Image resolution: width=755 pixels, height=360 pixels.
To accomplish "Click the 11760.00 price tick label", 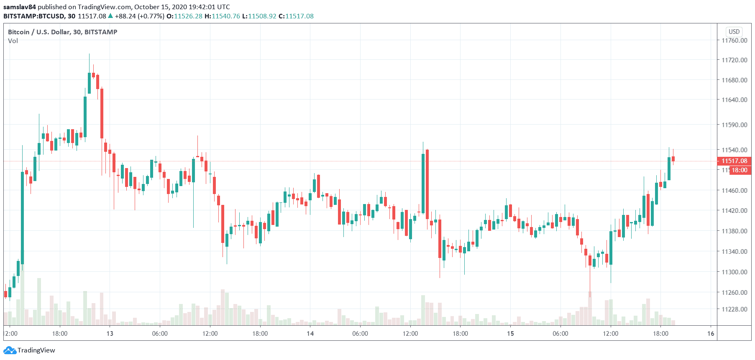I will click(x=734, y=40).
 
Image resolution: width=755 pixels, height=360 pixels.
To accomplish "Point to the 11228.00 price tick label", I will click(x=734, y=309).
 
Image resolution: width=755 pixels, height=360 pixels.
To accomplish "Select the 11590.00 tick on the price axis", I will click(x=734, y=125).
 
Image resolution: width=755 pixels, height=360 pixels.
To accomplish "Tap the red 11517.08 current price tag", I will click(x=734, y=161).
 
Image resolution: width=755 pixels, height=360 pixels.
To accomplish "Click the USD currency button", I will click(x=734, y=32).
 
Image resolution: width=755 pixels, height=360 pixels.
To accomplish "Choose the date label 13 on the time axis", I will click(x=110, y=334).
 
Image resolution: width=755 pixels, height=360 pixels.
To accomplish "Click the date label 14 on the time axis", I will click(x=310, y=334).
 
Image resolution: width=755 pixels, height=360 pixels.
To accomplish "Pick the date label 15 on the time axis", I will click(x=510, y=334).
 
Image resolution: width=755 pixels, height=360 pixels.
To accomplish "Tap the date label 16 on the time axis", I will click(x=711, y=334).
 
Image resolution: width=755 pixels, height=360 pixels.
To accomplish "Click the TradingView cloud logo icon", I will click(x=10, y=350).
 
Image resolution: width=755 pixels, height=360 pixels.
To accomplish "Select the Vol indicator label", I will click(x=13, y=41).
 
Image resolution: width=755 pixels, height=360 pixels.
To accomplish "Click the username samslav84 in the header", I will click(x=20, y=7).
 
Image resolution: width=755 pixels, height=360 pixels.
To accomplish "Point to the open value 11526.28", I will click(x=188, y=16).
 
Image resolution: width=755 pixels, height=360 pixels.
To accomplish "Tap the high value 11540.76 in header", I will click(x=226, y=16).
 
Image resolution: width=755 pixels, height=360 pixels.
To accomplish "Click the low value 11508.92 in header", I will click(x=262, y=16).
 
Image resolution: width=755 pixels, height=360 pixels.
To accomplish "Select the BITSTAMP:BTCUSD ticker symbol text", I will click(x=34, y=16).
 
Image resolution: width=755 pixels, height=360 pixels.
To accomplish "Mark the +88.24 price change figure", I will click(x=125, y=16).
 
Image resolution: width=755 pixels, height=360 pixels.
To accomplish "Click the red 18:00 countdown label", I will click(x=740, y=170).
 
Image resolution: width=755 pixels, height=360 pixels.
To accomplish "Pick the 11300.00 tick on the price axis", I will click(x=734, y=272).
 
